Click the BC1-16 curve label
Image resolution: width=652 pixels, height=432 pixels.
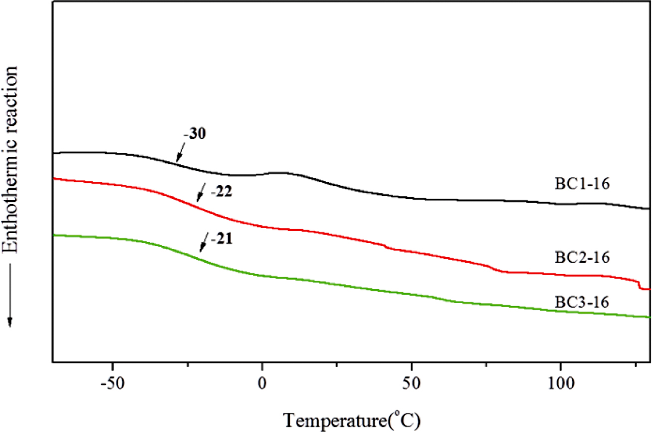[x=582, y=184]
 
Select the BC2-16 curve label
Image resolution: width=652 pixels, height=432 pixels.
[x=582, y=258]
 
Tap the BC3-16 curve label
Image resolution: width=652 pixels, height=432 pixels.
[x=582, y=302]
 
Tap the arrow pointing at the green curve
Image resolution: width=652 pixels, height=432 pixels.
[x=203, y=244]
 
